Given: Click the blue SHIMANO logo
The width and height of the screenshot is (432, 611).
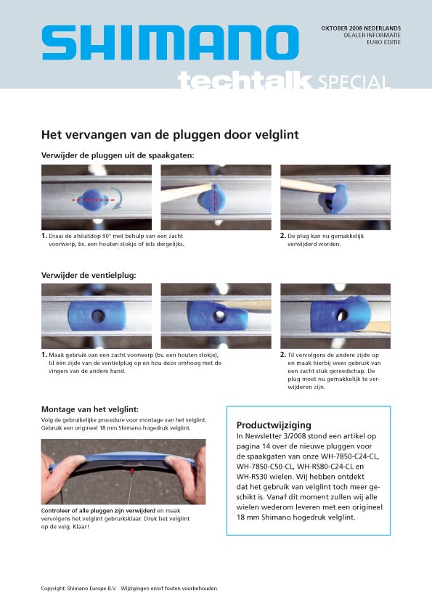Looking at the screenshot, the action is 171,43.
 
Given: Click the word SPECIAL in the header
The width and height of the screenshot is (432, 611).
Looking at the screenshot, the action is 354,82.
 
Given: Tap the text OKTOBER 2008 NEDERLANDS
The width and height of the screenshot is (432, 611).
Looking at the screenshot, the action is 361,28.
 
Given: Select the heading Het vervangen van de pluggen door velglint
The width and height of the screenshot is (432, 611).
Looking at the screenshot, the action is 170,135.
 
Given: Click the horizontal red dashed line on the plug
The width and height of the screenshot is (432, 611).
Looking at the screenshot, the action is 93,200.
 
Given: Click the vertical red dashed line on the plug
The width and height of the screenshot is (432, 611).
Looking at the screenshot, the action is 213,198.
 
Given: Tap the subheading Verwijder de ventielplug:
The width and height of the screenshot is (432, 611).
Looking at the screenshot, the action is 89,275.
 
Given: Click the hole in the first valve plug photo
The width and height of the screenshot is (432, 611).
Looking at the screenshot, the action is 97,316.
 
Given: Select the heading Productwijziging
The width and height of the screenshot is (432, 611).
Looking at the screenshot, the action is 274,425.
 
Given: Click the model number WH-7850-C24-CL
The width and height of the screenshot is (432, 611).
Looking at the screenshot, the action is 350,456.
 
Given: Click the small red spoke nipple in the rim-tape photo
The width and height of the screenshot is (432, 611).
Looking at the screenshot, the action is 132,472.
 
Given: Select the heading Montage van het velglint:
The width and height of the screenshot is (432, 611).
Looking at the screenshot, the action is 90,409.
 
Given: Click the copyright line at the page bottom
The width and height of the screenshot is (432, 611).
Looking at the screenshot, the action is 129,589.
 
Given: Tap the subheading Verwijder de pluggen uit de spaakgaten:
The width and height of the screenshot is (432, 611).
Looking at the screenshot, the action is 118,155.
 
